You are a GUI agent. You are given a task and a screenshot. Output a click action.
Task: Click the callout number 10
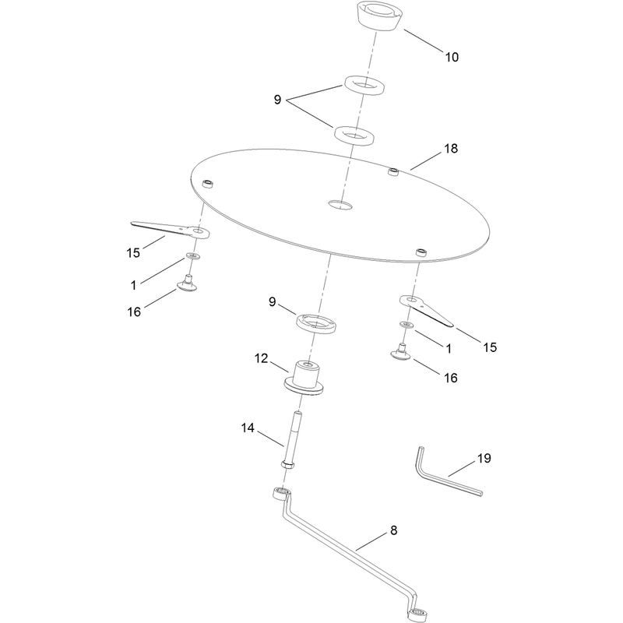coord(452,57)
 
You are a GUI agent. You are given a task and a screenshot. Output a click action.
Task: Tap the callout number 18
coord(451,149)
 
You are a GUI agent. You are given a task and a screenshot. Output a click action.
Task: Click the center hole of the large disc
coord(340,205)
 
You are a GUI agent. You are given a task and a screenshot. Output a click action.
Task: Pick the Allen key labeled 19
coord(445,473)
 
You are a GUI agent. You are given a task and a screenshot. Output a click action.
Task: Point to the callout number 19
coord(484,458)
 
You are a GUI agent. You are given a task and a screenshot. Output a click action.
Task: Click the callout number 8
coord(394,530)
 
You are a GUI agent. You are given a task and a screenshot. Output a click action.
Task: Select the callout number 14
coord(248,428)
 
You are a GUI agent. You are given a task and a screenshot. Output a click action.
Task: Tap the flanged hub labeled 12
coord(304,378)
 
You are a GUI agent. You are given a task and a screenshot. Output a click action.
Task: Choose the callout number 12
coord(261,358)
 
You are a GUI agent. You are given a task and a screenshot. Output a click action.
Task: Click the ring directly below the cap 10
coord(364,85)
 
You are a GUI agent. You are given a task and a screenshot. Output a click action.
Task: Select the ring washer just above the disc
coord(354,136)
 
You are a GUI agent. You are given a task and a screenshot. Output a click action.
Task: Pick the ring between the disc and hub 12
coord(316,322)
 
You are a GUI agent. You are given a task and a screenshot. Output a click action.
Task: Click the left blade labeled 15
coord(171,229)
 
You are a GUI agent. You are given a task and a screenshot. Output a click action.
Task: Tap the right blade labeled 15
coord(426,310)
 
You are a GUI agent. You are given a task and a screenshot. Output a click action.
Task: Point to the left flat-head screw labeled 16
coord(187,283)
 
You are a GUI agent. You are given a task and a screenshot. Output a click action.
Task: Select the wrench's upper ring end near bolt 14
coord(281,494)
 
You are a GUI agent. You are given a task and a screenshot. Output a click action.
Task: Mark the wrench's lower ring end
coord(418,611)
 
